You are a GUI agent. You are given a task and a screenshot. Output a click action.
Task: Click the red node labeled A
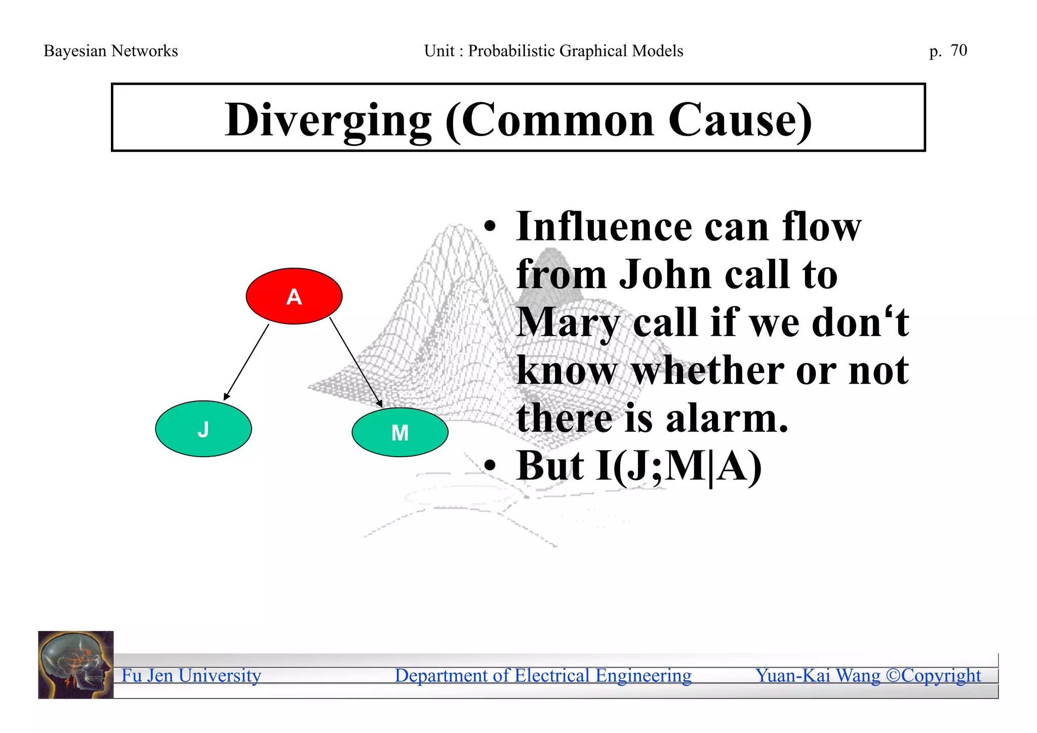(x=294, y=296)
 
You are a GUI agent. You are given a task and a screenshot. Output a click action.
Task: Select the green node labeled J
(x=203, y=429)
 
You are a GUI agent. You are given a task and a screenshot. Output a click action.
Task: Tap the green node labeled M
(x=400, y=432)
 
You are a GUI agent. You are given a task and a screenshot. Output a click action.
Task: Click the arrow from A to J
(x=246, y=362)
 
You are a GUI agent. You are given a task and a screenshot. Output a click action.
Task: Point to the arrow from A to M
(x=356, y=362)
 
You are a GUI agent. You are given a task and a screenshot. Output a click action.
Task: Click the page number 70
(x=959, y=50)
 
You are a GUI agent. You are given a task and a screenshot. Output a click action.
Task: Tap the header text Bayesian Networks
(x=110, y=51)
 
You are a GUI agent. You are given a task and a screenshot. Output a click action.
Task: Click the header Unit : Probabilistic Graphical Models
(x=553, y=51)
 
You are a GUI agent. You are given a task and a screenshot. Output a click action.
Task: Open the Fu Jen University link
(x=191, y=675)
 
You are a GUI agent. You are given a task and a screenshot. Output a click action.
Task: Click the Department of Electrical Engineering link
(x=543, y=675)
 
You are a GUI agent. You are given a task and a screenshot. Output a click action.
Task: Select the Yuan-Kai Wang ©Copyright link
(x=868, y=675)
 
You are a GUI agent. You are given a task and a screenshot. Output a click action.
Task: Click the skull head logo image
(x=76, y=665)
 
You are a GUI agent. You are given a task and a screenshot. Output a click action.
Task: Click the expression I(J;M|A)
(x=679, y=466)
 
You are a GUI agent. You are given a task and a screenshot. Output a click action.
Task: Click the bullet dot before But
(x=489, y=465)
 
